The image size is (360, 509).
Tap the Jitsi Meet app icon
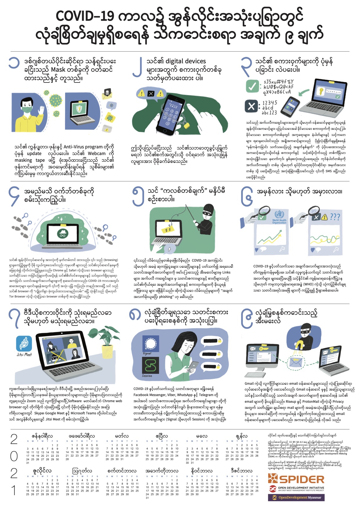24,344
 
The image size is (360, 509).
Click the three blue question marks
335,217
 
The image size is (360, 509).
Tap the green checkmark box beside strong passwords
252,86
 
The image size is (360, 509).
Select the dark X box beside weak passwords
251,106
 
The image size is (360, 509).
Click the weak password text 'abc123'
269,113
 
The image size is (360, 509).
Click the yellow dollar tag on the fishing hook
168,229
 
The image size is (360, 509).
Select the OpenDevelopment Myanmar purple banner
296,497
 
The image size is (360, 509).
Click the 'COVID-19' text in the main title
84,17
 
